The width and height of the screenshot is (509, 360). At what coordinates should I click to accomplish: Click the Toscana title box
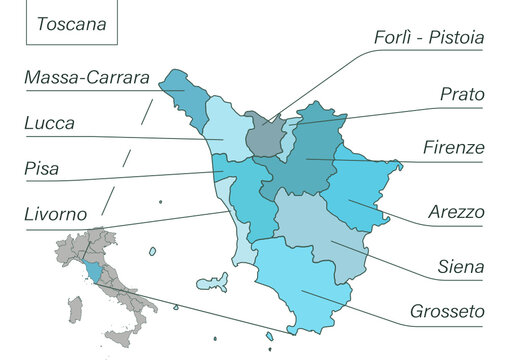71,23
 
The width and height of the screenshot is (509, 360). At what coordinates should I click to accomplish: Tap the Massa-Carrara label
87,77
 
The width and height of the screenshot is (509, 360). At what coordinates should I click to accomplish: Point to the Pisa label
41,169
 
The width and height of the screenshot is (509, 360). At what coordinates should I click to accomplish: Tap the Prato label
462,94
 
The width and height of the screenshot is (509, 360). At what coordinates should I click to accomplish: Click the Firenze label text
453,147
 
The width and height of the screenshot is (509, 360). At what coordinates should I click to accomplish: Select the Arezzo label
456,212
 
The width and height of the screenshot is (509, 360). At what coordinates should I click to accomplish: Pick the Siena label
461,267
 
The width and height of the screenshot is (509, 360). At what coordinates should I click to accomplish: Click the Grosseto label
447,311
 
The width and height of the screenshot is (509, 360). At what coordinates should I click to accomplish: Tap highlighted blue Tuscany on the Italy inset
93,271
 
